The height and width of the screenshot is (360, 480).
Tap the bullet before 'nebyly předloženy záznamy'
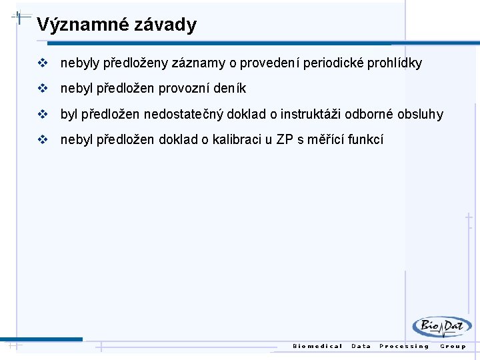pyautogui.click(x=43, y=63)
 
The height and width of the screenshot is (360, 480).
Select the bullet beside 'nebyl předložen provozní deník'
pyautogui.click(x=43, y=88)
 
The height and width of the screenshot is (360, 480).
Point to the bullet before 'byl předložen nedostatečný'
pyautogui.click(x=43, y=114)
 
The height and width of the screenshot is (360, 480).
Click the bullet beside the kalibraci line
pyautogui.click(x=43, y=139)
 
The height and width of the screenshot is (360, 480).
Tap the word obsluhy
pyautogui.click(x=420, y=114)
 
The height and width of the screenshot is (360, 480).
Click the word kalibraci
pyautogui.click(x=237, y=139)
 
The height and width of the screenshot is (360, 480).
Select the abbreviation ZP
pyautogui.click(x=285, y=139)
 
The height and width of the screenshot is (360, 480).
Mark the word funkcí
pyautogui.click(x=364, y=139)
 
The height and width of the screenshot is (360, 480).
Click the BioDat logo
pyautogui.click(x=441, y=327)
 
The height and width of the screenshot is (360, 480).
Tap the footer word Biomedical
pyautogui.click(x=317, y=346)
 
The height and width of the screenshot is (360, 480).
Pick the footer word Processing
pyautogui.click(x=404, y=346)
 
